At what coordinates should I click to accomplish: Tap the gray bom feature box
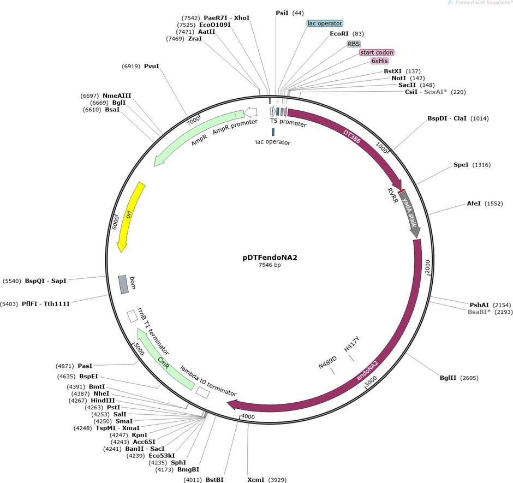(123, 284)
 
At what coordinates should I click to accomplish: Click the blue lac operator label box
(325, 23)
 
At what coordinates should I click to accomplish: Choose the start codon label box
(376, 52)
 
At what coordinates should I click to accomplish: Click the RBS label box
(354, 43)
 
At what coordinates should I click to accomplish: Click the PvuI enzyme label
(151, 66)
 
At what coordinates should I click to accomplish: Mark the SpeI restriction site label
(461, 165)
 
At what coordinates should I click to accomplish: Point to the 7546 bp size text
(270, 265)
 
